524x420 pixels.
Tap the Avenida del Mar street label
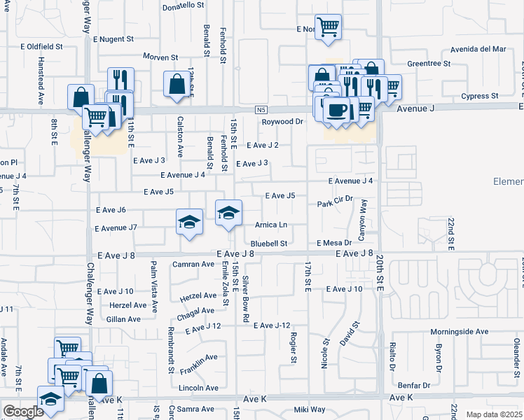click(x=478, y=49)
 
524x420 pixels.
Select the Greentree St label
click(x=428, y=63)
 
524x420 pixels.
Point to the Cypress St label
click(x=479, y=95)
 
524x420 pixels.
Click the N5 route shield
click(x=261, y=110)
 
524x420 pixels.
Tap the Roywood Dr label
click(x=282, y=121)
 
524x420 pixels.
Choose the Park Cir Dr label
click(x=333, y=204)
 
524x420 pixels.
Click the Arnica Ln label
click(x=271, y=225)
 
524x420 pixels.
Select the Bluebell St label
click(x=269, y=244)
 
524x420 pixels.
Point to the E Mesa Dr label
click(x=333, y=243)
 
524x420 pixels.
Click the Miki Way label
click(x=309, y=409)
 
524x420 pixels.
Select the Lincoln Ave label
click(x=199, y=387)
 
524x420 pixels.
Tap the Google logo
click(x=22, y=412)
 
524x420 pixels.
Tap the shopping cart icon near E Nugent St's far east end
click(x=328, y=27)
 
